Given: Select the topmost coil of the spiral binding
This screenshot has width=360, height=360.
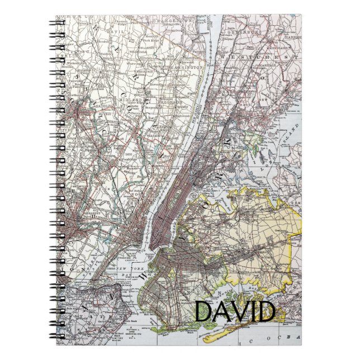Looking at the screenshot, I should pyautogui.click(x=59, y=23).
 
